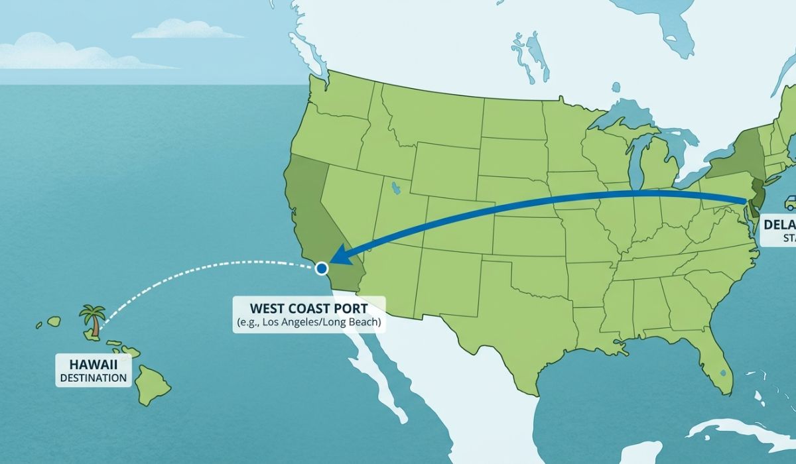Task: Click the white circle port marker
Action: [x=322, y=268]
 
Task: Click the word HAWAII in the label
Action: [x=93, y=364]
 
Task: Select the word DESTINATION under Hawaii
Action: [x=93, y=378]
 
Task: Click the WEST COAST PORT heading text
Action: [x=310, y=309]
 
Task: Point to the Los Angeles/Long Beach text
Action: [x=310, y=323]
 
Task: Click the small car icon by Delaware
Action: [x=790, y=202]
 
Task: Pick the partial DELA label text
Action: [x=779, y=224]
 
